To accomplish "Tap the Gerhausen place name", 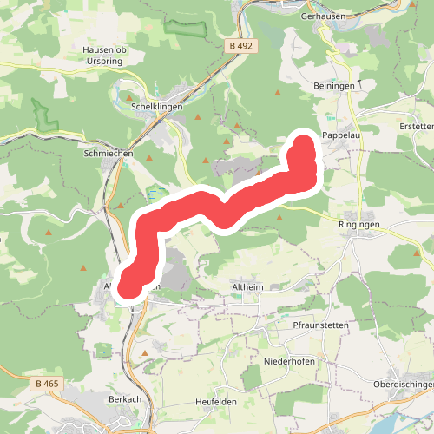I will (324, 16).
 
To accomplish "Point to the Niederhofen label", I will (289, 360).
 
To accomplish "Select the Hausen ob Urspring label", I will (104, 56).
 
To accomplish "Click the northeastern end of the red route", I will (304, 143).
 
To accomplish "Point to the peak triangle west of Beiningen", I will (278, 92).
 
